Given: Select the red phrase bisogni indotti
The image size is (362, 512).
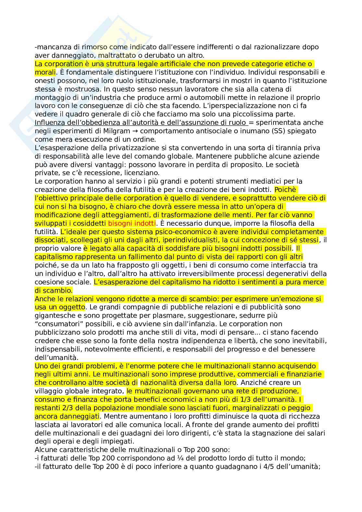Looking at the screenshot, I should [x=132, y=223].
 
